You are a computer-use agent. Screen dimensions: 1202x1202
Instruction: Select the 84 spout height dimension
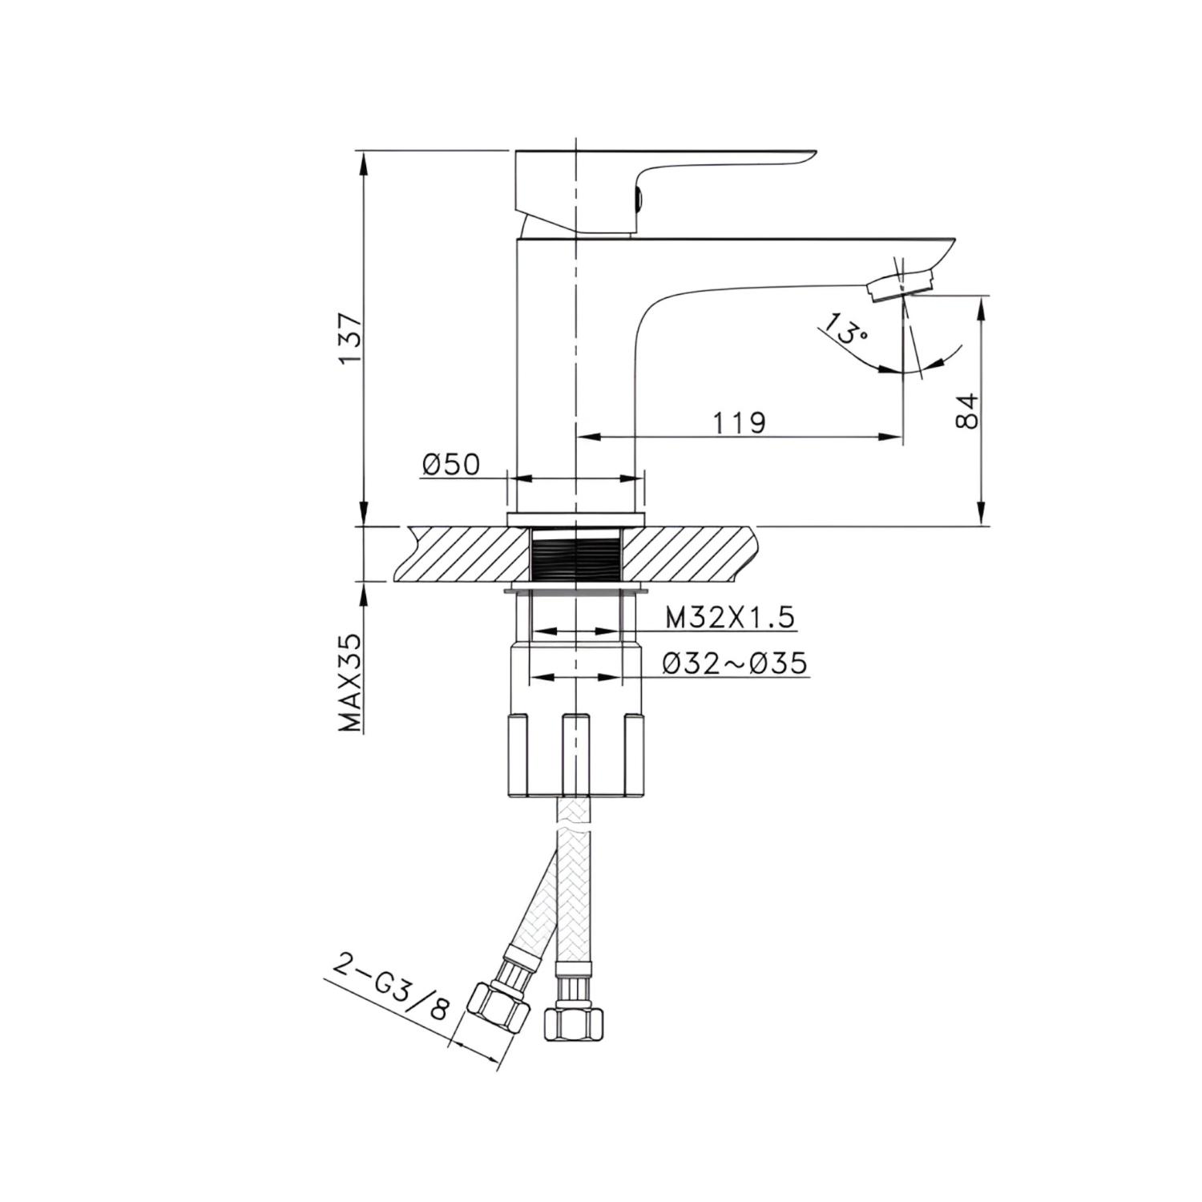968,411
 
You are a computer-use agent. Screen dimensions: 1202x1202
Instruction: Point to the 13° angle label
842,329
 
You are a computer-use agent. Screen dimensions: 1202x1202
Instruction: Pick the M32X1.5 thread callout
729,617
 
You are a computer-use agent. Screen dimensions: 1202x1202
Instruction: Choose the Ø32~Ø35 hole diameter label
735,663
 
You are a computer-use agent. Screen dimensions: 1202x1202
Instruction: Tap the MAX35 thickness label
351,683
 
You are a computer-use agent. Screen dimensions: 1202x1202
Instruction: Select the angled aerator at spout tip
901,284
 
